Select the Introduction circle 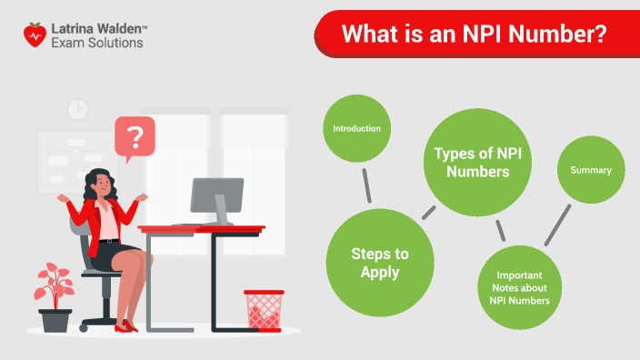click(356, 129)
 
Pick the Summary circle click(590, 170)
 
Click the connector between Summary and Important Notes click(557, 225)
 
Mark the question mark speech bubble click(135, 139)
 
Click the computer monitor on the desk click(216, 199)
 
